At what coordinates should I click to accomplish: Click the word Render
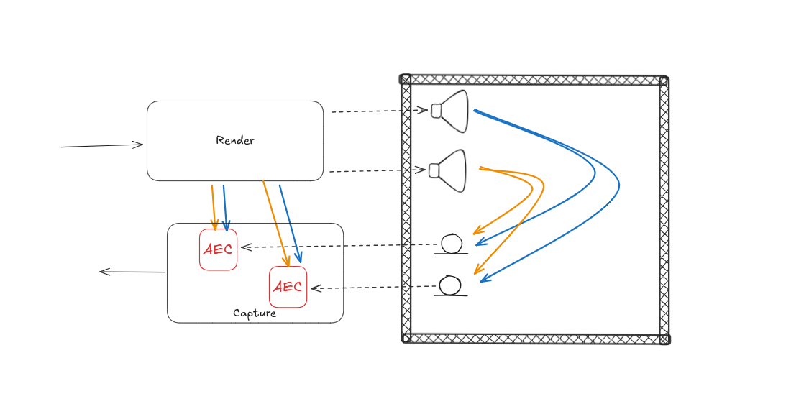tap(235, 140)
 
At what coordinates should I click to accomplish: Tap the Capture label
tap(255, 313)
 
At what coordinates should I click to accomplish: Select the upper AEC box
tap(218, 249)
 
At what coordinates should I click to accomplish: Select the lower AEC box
tap(288, 287)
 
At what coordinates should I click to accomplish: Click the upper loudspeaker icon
tap(451, 111)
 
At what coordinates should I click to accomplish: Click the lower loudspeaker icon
tap(449, 170)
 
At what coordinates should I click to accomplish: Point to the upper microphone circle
tap(452, 243)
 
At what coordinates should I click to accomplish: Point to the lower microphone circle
tap(450, 285)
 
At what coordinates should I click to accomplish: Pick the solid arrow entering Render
tap(101, 146)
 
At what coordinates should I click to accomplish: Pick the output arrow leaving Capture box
tap(132, 272)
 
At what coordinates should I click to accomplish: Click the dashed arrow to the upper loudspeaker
tap(378, 111)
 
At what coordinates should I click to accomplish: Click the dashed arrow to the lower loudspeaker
tap(377, 171)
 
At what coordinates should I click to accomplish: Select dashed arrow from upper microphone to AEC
tap(338, 246)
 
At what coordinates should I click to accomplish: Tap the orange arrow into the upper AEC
tap(214, 207)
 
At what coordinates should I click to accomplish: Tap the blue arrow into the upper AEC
tap(225, 207)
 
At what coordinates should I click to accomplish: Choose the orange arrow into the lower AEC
tap(276, 223)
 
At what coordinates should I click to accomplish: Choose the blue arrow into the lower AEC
tap(290, 223)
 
